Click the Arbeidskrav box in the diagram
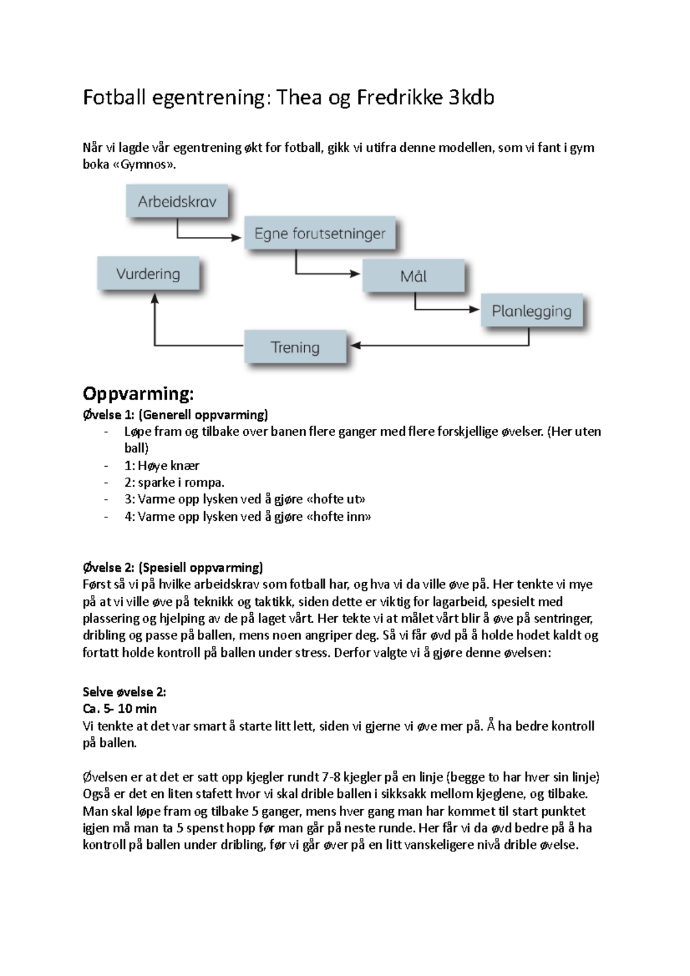pyautogui.click(x=177, y=202)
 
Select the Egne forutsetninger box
pyautogui.click(x=320, y=233)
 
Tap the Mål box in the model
pyautogui.click(x=413, y=276)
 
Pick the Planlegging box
pyautogui.click(x=531, y=311)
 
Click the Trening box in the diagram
pyautogui.click(x=295, y=347)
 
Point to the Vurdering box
pyautogui.click(x=148, y=274)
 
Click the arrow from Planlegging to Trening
pyautogui.click(x=460, y=345)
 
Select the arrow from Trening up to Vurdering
pyautogui.click(x=155, y=328)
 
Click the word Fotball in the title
pyautogui.click(x=115, y=98)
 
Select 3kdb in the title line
pyautogui.click(x=471, y=98)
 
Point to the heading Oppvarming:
pyautogui.click(x=138, y=394)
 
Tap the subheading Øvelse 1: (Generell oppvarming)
pyautogui.click(x=175, y=414)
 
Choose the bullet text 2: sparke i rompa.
pyautogui.click(x=174, y=482)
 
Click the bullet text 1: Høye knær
pyautogui.click(x=162, y=466)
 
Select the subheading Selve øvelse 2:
pyautogui.click(x=124, y=691)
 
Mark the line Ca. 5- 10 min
pyautogui.click(x=120, y=709)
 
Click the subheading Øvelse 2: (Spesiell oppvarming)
pyautogui.click(x=172, y=567)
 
